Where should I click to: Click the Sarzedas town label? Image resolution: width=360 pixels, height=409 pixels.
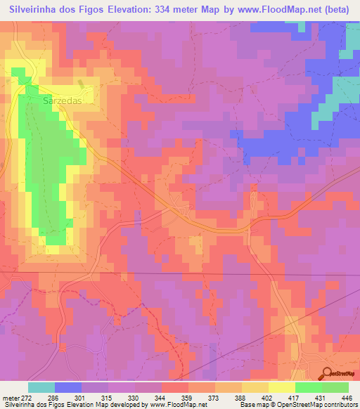63,100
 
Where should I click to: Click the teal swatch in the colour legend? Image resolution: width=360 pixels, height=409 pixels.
41,388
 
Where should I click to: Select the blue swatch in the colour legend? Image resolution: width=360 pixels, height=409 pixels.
68,388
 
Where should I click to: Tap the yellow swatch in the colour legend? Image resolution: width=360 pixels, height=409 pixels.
282,388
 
